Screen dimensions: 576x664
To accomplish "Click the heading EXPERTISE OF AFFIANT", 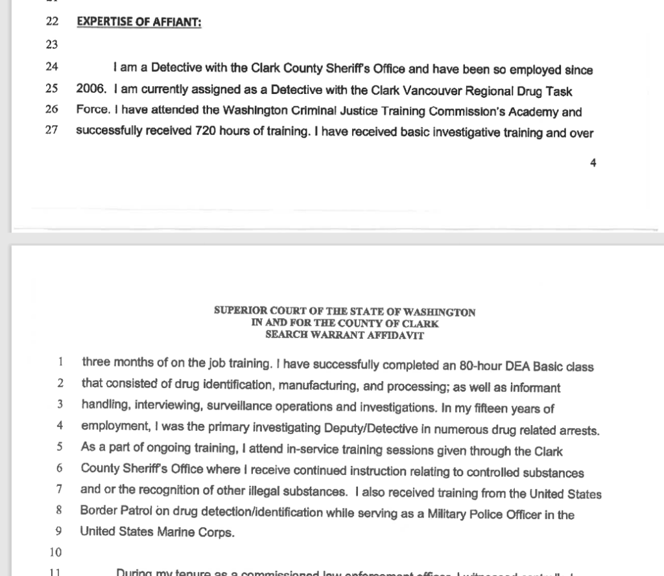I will (x=139, y=21).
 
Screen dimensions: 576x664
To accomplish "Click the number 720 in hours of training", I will (x=207, y=132).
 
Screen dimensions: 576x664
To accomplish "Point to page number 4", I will (x=593, y=163).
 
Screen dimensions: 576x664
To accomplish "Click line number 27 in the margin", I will (x=52, y=132).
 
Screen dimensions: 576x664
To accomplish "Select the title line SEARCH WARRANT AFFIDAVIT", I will (x=345, y=336).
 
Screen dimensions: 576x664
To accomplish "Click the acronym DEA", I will (x=499, y=366).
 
